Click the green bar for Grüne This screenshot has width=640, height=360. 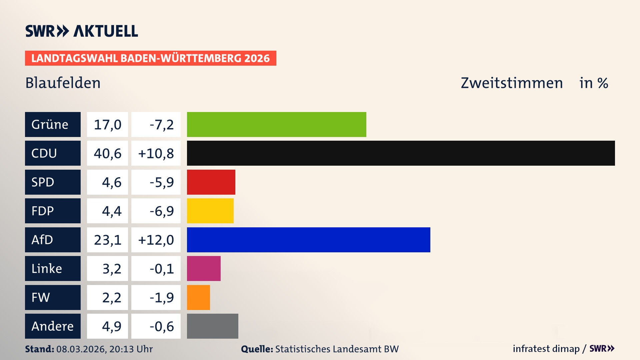[x=276, y=124]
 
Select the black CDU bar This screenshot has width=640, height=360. [x=401, y=153]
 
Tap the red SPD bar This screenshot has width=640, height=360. [x=211, y=182]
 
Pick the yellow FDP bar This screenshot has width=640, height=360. [x=210, y=211]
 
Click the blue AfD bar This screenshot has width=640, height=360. [x=308, y=240]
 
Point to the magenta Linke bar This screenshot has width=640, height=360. [x=204, y=268]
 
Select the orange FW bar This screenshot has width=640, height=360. [x=198, y=297]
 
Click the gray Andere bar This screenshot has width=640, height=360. [x=212, y=326]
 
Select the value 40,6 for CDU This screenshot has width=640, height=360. [x=107, y=153]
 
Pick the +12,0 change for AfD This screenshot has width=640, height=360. [x=156, y=240]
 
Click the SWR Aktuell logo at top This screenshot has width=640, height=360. [x=81, y=31]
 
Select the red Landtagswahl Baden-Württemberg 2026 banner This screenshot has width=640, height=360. [x=150, y=58]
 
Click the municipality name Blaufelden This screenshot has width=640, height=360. [x=63, y=83]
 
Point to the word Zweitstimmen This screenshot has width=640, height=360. [x=512, y=83]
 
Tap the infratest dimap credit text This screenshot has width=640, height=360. [x=546, y=349]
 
